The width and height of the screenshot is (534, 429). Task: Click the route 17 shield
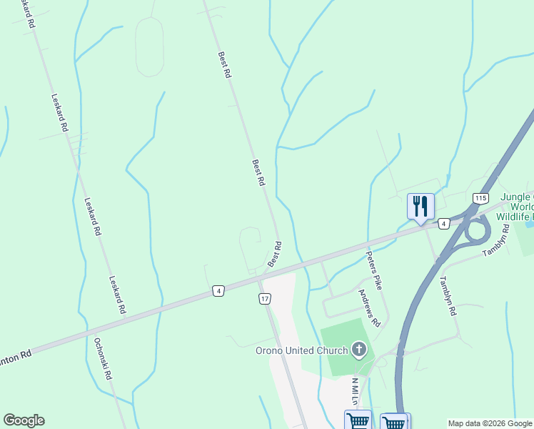coord(265,298)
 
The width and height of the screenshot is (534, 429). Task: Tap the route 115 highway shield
coord(480,198)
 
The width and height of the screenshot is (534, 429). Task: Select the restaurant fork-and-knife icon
coord(420,207)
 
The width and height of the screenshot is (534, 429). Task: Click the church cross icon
coord(359,350)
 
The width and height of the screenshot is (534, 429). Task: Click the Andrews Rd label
coord(369,307)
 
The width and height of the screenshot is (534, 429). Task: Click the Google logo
coord(24,420)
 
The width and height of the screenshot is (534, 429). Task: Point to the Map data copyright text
coord(490,423)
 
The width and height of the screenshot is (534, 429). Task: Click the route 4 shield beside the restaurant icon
coord(443,223)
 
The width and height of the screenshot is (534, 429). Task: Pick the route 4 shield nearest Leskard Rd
coord(218,291)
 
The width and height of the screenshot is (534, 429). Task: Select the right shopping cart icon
coord(393,422)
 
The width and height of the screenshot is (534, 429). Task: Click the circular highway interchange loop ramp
coord(477,230)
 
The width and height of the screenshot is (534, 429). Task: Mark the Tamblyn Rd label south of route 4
coord(446,296)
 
